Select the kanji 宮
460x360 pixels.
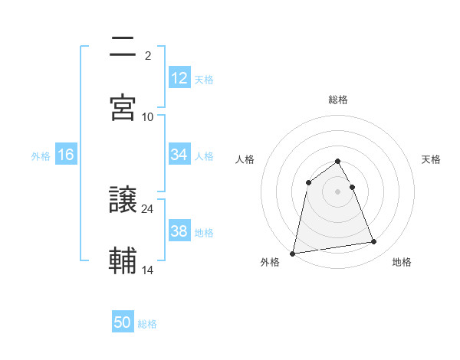(x=123, y=108)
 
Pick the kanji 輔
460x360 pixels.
(x=123, y=261)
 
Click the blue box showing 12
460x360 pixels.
(x=179, y=78)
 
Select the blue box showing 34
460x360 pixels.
(x=179, y=155)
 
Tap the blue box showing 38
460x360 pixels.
(x=179, y=231)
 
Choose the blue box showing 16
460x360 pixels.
(x=66, y=155)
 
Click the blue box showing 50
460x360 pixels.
(x=123, y=322)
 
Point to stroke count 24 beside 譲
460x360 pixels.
(x=148, y=208)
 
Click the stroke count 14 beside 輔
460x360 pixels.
(x=148, y=270)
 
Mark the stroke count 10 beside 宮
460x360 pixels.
(x=148, y=116)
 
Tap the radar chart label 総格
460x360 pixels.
(x=338, y=100)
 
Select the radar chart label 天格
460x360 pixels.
(x=431, y=159)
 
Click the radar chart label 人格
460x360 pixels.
(x=245, y=159)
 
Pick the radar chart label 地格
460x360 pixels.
(x=402, y=263)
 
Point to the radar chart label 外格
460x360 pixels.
(x=270, y=263)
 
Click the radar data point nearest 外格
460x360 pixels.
(x=293, y=253)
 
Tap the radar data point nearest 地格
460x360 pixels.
(x=374, y=242)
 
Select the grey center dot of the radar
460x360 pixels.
(x=338, y=191)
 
